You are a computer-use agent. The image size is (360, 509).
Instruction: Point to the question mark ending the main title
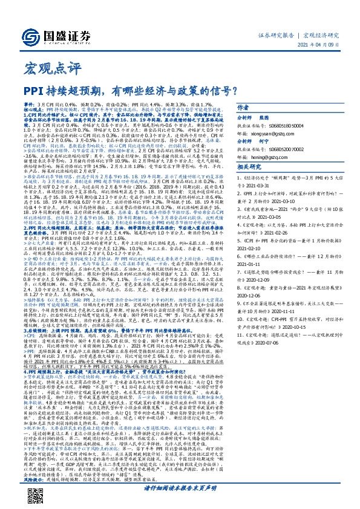tap(232, 91)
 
